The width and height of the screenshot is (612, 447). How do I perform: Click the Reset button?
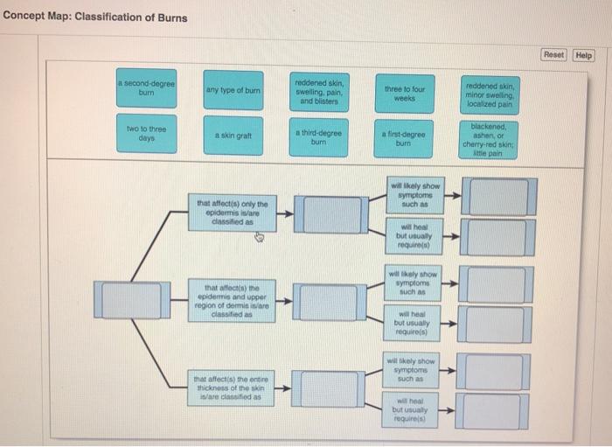click(553, 55)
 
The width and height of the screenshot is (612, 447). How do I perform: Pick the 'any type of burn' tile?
click(232, 90)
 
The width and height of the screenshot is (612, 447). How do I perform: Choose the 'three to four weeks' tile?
click(404, 93)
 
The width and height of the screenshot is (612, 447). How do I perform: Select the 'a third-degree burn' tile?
click(318, 137)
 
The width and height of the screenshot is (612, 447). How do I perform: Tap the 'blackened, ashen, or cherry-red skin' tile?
click(491, 138)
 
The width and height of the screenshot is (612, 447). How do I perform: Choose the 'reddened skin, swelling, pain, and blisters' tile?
click(319, 90)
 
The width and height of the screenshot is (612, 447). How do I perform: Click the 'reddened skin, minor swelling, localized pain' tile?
click(491, 90)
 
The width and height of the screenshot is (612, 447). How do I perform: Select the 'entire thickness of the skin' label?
click(232, 387)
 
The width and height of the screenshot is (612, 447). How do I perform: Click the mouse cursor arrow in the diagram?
click(260, 234)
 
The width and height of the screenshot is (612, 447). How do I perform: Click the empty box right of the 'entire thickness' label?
click(325, 388)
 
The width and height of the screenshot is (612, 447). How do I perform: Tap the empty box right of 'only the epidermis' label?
click(325, 214)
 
